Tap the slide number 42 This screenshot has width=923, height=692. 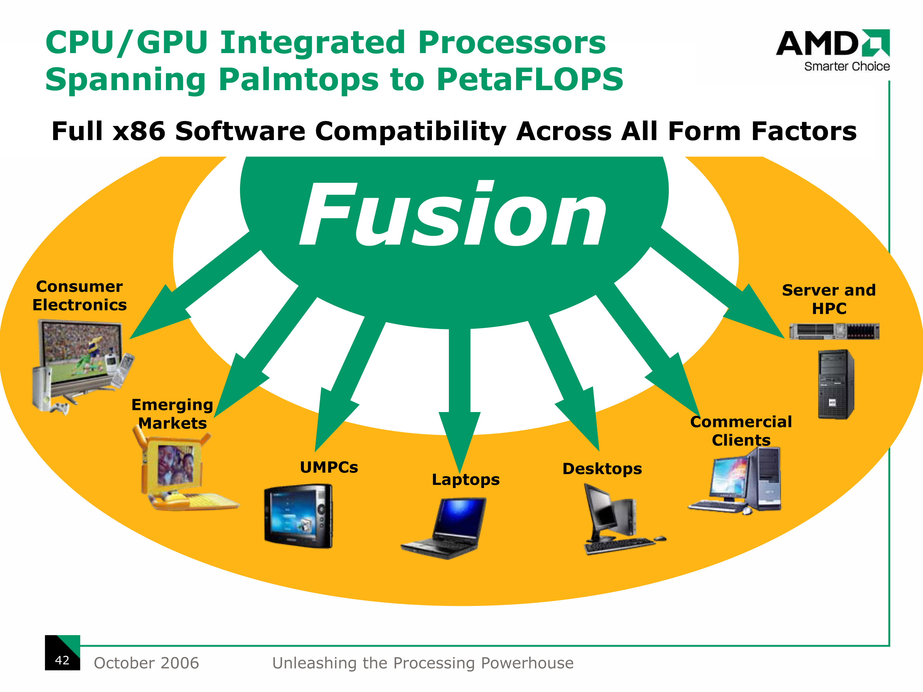62,660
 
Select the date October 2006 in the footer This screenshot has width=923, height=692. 147,663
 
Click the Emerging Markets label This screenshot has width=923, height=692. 172,414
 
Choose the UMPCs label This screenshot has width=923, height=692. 329,467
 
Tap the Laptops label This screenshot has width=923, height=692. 466,480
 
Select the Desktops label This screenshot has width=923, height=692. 602,469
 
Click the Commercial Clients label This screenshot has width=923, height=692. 741,431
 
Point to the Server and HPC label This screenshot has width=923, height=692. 829,299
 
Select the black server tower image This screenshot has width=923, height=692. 836,384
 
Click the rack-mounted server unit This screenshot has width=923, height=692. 834,331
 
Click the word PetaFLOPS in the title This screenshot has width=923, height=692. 530,79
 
